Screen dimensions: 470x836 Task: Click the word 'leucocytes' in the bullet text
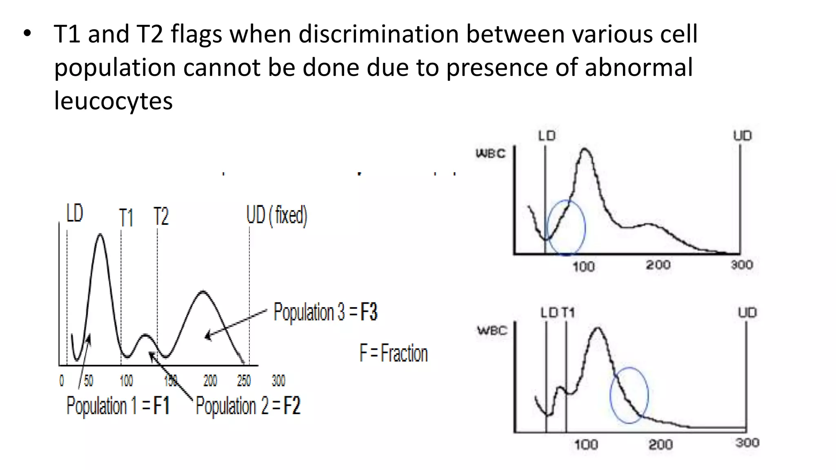[x=113, y=100]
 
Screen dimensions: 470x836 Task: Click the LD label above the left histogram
[x=75, y=213]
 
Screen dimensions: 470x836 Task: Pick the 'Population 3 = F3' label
[x=325, y=312]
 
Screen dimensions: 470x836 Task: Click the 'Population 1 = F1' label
[x=118, y=406]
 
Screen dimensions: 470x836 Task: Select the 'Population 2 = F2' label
[x=248, y=406]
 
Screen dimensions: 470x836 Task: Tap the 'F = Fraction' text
[x=394, y=353]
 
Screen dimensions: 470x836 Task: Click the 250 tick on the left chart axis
[x=244, y=381]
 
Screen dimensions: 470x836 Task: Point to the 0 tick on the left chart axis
[x=62, y=381]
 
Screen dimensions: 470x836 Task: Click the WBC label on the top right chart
[x=491, y=153]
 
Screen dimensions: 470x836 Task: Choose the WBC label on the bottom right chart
[x=492, y=330]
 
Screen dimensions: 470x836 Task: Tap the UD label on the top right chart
[x=743, y=135]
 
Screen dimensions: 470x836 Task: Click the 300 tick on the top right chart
[x=742, y=265]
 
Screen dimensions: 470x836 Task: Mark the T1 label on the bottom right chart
[x=568, y=313]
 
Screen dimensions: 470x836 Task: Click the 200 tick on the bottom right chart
[x=660, y=444]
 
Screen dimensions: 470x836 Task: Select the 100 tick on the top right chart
[x=583, y=266]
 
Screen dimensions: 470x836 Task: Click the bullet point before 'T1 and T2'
[x=27, y=34]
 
